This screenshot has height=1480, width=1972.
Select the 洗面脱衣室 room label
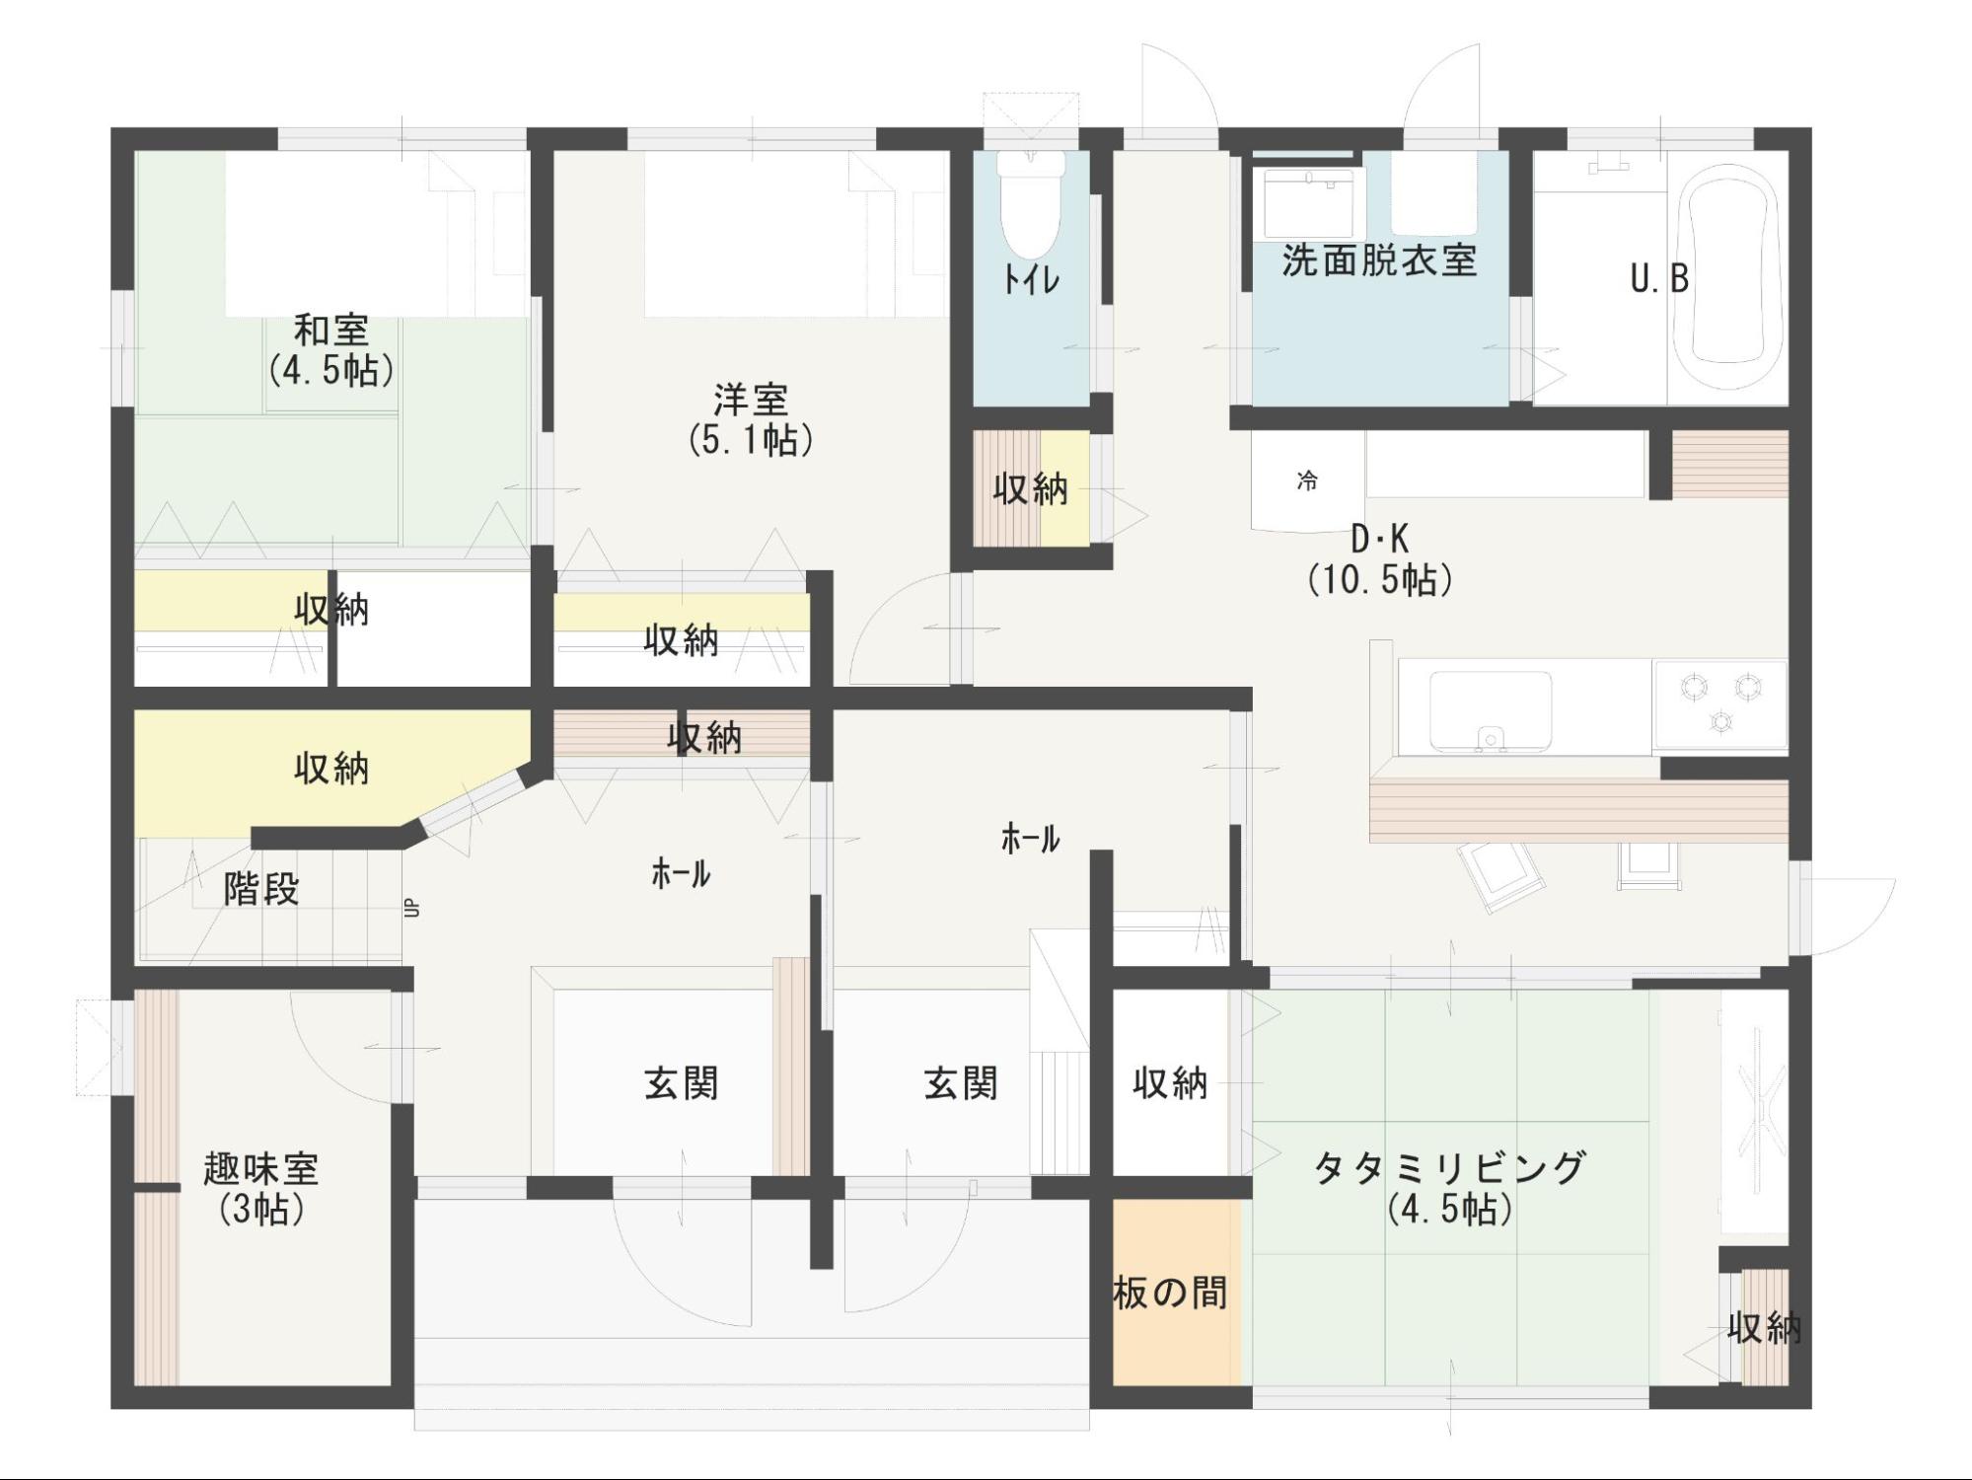(x=1379, y=260)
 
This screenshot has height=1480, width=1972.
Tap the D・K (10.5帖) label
(x=1380, y=559)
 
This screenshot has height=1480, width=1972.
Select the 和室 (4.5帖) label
(x=331, y=349)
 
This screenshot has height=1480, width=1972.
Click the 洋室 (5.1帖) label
(x=751, y=419)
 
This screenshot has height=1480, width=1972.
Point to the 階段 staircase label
(x=261, y=889)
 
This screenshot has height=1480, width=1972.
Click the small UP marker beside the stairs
(x=412, y=908)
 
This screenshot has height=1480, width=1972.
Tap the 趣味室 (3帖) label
(x=261, y=1188)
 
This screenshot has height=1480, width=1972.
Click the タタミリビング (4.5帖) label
(x=1449, y=1187)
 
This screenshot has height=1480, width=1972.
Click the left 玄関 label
(x=682, y=1083)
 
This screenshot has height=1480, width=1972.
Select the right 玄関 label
(x=962, y=1083)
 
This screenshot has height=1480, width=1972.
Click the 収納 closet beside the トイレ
(x=1031, y=488)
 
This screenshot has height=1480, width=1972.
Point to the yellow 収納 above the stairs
(x=331, y=768)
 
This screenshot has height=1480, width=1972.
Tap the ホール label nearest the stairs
(x=681, y=873)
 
